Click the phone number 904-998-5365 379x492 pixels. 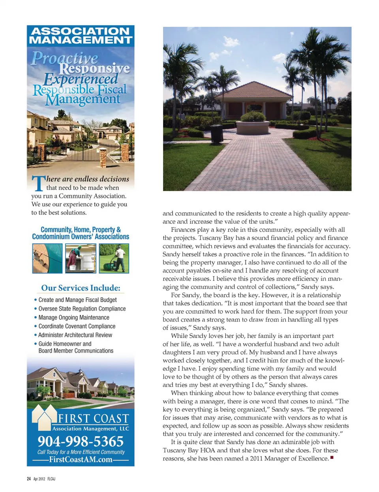[81, 441]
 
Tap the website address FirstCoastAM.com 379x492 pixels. [81, 460]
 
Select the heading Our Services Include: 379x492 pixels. [81, 288]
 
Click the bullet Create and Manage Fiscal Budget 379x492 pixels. [77, 300]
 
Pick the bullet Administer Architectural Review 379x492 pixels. [75, 335]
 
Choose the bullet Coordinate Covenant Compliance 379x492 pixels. [77, 326]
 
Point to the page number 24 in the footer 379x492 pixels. [28, 479]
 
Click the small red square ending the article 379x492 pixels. [332, 458]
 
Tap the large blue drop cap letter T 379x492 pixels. [38, 183]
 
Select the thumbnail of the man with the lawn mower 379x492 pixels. [114, 258]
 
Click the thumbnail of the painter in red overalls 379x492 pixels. [81, 258]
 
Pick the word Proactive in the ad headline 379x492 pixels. [64, 58]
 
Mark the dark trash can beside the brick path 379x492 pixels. [216, 133]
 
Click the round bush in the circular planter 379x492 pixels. [253, 116]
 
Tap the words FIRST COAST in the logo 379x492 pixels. [94, 418]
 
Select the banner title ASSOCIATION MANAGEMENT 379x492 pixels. [81, 36]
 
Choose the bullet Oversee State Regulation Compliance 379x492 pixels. [82, 309]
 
